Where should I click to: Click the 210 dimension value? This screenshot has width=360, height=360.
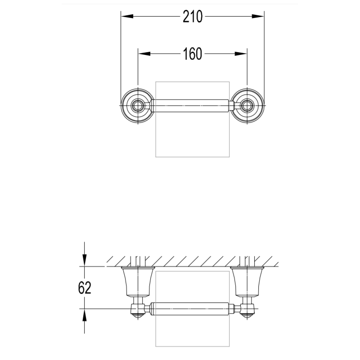[x=193, y=17]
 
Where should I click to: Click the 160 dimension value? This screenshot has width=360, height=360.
[x=193, y=54]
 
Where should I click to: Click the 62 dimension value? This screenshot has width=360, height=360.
[x=85, y=288]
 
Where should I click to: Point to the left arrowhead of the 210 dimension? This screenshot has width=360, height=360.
[x=127, y=16]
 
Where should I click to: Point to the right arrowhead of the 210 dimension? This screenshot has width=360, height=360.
[x=258, y=16]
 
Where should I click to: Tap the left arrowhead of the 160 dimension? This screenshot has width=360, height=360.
[x=144, y=54]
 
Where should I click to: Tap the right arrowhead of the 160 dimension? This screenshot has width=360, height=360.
[x=241, y=54]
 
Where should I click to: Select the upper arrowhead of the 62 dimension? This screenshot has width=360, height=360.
[x=85, y=260]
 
